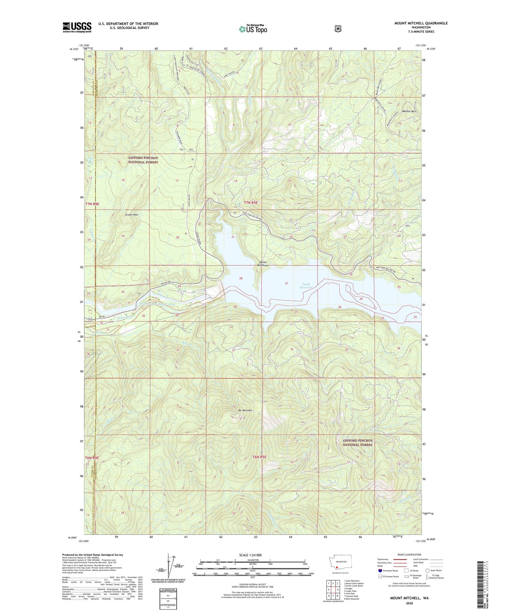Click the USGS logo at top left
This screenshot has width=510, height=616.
coord(77,27)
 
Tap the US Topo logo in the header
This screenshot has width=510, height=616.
coord(253,29)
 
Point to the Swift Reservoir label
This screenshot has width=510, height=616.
coord(308,286)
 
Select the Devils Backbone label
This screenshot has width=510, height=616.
coord(263,263)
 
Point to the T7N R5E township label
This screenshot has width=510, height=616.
coord(251,203)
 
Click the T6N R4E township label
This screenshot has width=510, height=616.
coord(92,458)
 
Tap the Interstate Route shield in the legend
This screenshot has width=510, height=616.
coord(380,570)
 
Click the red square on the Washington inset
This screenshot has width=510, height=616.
coord(337,567)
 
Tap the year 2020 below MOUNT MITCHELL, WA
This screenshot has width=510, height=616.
coord(409,603)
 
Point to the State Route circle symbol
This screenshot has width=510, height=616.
coord(427,570)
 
